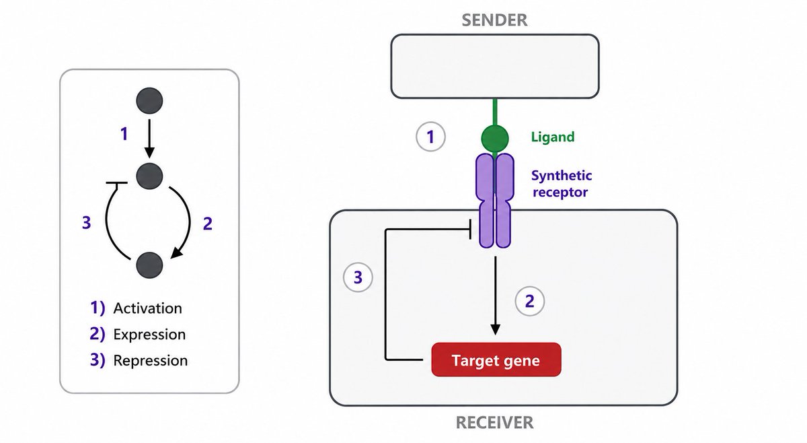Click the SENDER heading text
click(494, 20)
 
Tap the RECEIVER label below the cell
click(494, 422)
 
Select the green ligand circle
click(495, 139)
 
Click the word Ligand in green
click(553, 137)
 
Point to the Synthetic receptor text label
click(562, 184)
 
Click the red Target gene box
click(496, 360)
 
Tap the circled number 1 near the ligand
click(430, 137)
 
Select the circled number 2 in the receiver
click(530, 301)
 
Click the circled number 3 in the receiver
click(358, 277)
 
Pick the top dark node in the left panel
click(149, 100)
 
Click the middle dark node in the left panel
click(149, 176)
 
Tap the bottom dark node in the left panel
click(149, 265)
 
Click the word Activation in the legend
click(148, 308)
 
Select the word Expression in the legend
click(149, 335)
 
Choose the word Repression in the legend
click(151, 361)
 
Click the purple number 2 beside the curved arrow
click(208, 224)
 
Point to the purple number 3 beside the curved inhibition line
click(87, 223)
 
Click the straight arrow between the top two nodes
click(149, 139)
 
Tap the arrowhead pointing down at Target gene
click(496, 330)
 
